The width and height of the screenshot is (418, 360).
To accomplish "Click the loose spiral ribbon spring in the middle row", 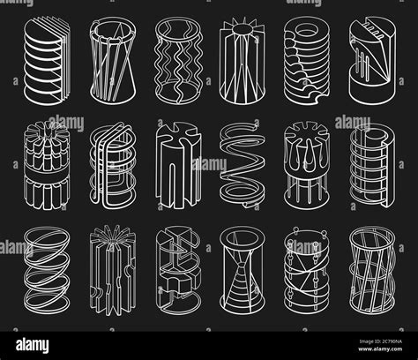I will click(x=239, y=161).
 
